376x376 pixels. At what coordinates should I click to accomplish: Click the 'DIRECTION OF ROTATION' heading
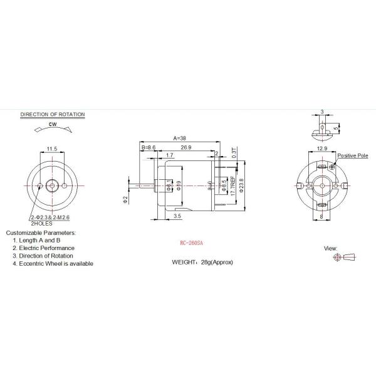point(53,115)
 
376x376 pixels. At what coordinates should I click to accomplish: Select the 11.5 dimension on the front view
point(52,149)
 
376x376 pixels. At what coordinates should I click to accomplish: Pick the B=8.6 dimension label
point(149,147)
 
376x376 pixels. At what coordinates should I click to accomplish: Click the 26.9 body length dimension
point(187,147)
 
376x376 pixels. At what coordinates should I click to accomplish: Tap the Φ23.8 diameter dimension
point(241,185)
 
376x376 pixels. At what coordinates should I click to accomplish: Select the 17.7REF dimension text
point(232,186)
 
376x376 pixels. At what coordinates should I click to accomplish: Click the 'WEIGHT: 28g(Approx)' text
point(202,262)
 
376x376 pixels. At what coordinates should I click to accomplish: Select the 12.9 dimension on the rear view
point(321,149)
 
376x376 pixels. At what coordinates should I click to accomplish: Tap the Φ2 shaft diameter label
point(125,198)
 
